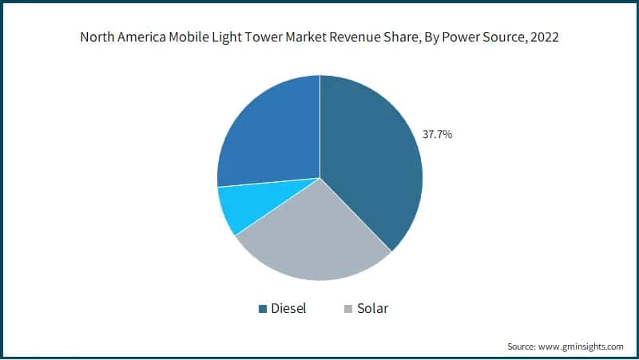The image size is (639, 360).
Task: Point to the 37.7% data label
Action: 437,135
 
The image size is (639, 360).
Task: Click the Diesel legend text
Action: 288,308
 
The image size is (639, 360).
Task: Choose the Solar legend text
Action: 372,308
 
